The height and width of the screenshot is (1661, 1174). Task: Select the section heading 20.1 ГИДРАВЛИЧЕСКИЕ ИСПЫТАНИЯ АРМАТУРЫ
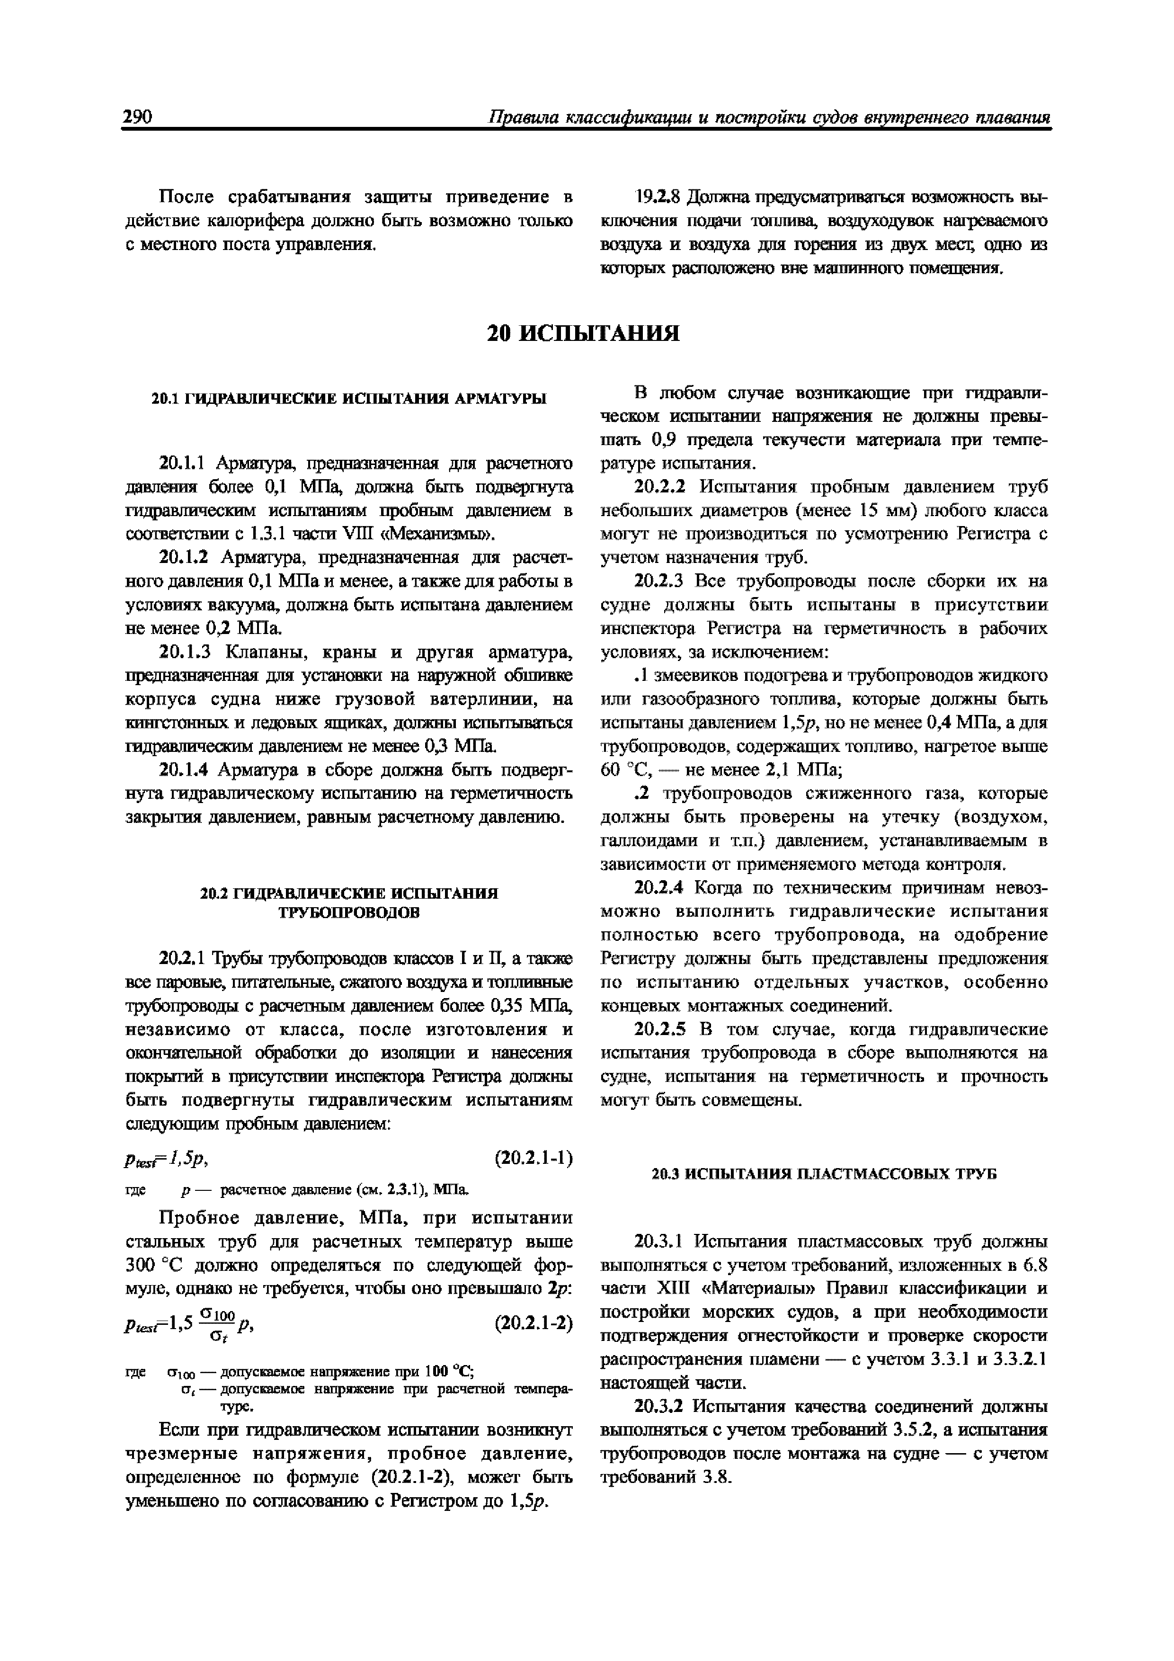pyautogui.click(x=349, y=399)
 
